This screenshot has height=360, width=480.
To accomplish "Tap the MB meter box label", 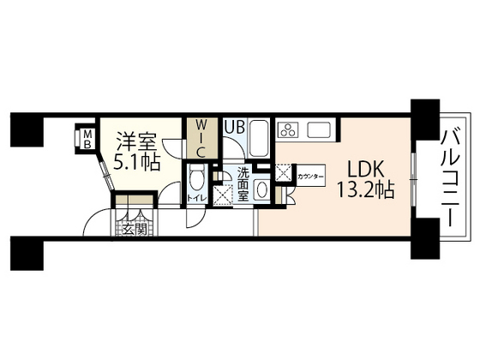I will pos(87,138).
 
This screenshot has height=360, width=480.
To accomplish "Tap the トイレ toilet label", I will pos(195,201).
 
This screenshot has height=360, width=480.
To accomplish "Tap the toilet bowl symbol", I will pos(195,180).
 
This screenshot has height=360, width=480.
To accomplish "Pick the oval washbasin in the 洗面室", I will pos(264,190).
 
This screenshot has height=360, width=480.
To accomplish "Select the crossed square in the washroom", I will pos(225,196).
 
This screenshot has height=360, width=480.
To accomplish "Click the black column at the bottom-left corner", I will pos(26,252).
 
